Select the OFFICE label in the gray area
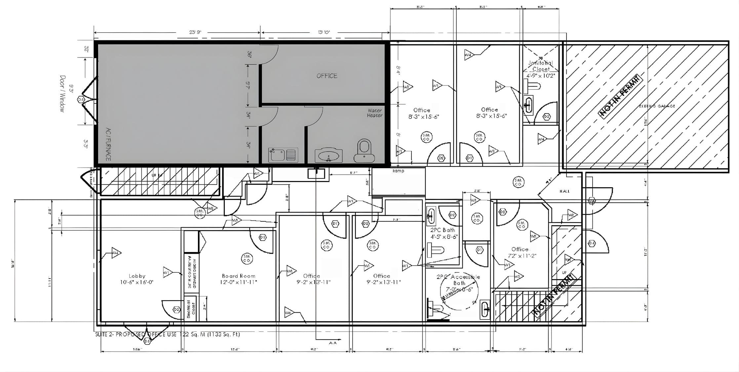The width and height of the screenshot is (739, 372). (x=327, y=76)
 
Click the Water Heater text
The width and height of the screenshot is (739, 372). (x=374, y=113)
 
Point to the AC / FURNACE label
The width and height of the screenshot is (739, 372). (x=108, y=144)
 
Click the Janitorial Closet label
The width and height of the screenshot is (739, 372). (x=540, y=66)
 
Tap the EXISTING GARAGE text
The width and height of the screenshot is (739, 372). (x=657, y=106)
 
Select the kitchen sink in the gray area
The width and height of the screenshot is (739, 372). (x=283, y=155)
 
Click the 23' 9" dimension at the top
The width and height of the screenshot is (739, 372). (x=195, y=32)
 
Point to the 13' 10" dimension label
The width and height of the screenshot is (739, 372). (x=324, y=32)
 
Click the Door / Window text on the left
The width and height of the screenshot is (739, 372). (x=62, y=94)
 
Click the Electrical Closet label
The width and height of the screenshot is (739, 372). (x=191, y=309)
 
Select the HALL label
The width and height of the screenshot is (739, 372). (x=564, y=191)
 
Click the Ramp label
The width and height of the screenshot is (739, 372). (x=398, y=171)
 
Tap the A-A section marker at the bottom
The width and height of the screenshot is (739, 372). (x=332, y=343)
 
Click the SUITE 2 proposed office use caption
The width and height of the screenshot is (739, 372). (x=168, y=334)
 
